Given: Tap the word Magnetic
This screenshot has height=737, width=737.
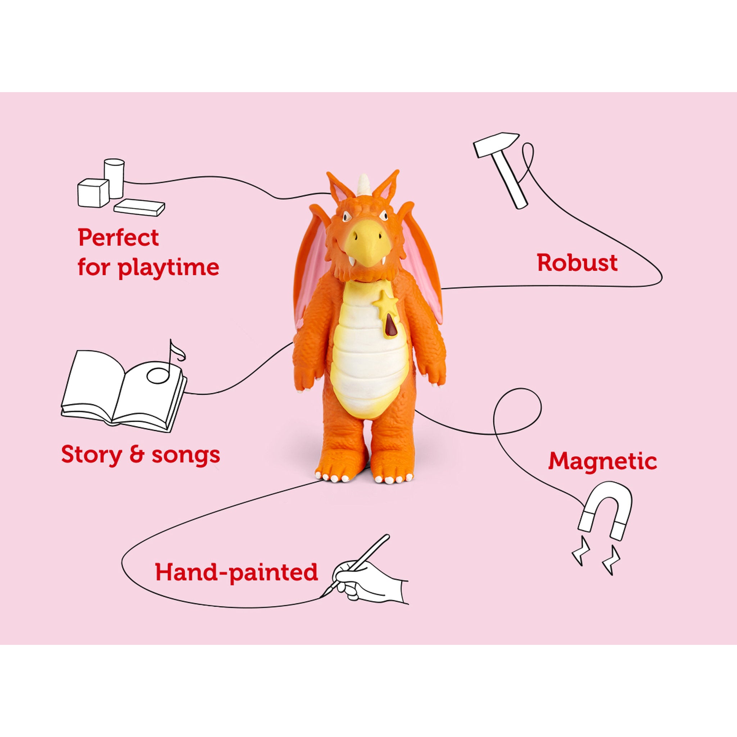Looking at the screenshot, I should pos(602,461).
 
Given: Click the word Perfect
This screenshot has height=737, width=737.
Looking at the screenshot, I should pos(118,238).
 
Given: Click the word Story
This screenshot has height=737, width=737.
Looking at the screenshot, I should pos(91,455).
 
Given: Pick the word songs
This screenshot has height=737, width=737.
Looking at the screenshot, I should pos(186,455).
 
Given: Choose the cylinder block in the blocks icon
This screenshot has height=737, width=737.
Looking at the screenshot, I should pos(114,178).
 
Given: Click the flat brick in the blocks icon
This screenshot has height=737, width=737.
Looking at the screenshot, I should pos(139,208).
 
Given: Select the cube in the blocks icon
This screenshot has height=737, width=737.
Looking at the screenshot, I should pos(93,193).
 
